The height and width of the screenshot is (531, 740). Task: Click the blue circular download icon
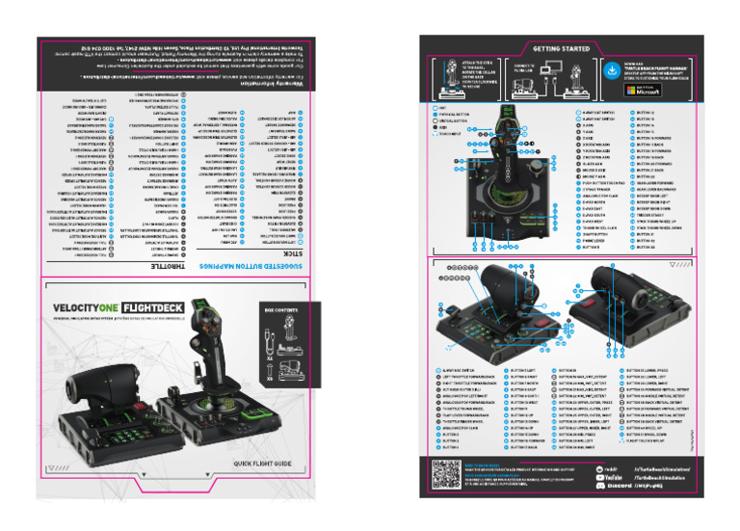[613, 69]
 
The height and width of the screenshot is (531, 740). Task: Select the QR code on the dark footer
[445, 472]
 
